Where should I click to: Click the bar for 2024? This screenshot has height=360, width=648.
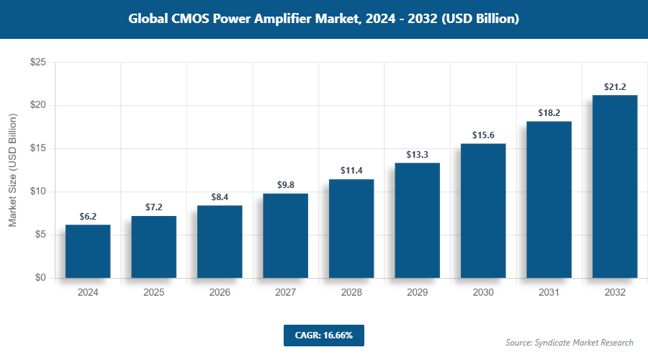88,251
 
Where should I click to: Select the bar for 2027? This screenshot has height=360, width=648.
285,235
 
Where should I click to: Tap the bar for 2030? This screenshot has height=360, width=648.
483,210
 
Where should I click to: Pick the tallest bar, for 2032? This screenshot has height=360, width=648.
615,186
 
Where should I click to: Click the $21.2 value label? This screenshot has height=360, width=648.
615,88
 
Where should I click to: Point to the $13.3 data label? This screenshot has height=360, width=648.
418,156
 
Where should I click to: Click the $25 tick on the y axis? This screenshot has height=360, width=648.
38,63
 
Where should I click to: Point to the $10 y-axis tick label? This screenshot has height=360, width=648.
38,192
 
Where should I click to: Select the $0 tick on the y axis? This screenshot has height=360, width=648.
40,278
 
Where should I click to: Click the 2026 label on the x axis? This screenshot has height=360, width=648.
220,293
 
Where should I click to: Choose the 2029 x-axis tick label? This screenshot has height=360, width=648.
418,293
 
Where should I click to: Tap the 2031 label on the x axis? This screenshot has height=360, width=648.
549,293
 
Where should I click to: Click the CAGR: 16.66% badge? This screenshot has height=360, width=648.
323,336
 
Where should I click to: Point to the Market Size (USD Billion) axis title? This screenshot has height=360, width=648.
12,171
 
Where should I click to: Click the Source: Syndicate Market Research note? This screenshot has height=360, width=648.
569,343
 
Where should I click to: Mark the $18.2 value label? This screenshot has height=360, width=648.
549,114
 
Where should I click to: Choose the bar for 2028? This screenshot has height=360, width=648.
351,228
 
